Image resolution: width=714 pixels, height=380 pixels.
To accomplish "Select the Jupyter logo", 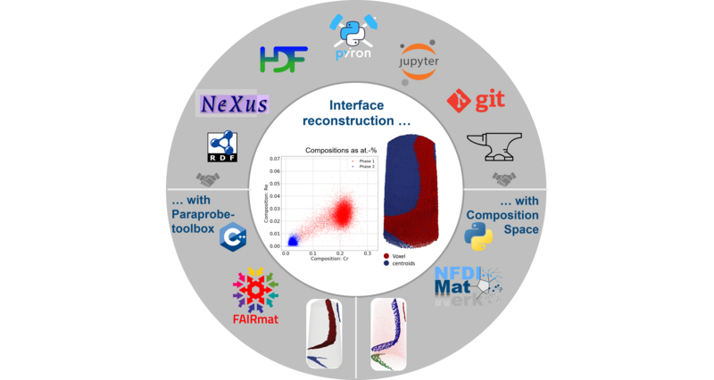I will [x=419, y=60].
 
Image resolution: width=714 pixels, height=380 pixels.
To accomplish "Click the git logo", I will [x=475, y=101].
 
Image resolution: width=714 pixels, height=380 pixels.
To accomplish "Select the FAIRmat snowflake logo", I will [x=255, y=289].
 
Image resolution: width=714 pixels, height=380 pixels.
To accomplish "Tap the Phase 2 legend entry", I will [x=363, y=169].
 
